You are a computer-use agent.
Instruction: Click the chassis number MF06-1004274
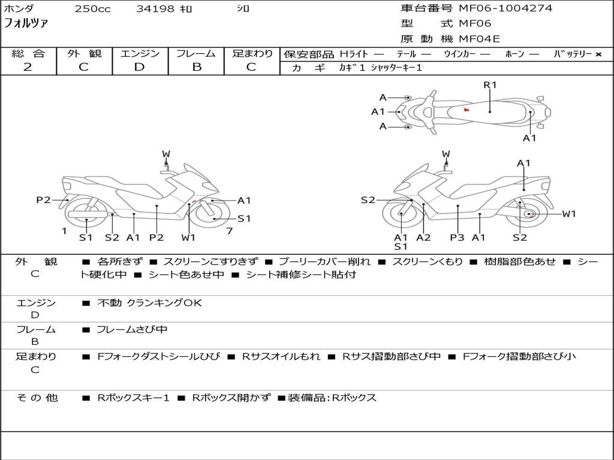click(505, 8)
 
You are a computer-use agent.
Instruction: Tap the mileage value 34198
click(155, 9)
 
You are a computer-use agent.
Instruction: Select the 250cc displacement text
click(92, 9)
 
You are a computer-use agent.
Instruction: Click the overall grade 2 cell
click(28, 67)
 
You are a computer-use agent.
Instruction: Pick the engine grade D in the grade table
click(139, 67)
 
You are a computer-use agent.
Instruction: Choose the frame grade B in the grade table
click(197, 67)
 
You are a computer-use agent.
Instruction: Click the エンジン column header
click(140, 54)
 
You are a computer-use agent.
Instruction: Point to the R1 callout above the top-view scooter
click(490, 85)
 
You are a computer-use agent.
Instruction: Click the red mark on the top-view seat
click(466, 110)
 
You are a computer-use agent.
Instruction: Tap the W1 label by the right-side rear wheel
click(568, 214)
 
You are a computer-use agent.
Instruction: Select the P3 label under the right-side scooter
click(457, 238)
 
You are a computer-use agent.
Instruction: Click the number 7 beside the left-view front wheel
click(230, 231)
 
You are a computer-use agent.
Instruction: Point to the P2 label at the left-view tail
click(43, 200)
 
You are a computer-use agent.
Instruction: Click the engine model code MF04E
click(479, 39)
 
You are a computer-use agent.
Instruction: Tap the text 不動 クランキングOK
click(149, 303)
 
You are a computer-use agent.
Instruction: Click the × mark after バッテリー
click(598, 55)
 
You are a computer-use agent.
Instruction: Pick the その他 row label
click(37, 398)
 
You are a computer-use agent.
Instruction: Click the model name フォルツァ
click(26, 24)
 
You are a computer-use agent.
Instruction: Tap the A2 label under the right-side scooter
click(423, 238)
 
